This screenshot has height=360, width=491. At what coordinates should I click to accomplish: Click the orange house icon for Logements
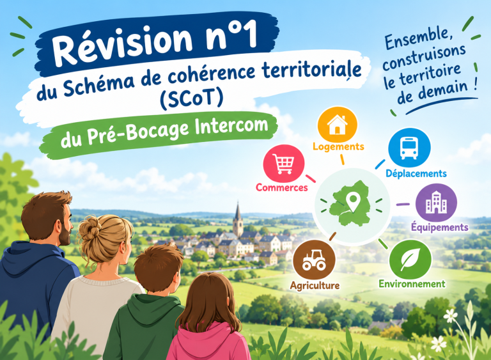[338, 125]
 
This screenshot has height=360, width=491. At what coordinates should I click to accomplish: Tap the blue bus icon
[409, 148]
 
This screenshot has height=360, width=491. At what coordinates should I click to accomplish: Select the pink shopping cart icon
[284, 164]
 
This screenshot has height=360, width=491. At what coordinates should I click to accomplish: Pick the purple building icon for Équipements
[436, 203]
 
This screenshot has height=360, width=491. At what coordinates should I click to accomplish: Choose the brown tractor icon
[314, 260]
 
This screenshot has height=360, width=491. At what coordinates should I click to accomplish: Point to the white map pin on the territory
[353, 202]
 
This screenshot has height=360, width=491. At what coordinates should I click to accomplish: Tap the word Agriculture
[315, 285]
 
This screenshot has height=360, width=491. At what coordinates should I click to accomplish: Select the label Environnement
[412, 284]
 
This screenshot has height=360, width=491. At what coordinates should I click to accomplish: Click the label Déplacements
[416, 173]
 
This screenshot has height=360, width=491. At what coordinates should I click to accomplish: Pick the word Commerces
[282, 187]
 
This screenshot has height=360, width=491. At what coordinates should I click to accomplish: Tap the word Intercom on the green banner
[231, 127]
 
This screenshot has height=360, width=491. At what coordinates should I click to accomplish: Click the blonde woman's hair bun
[89, 227]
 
